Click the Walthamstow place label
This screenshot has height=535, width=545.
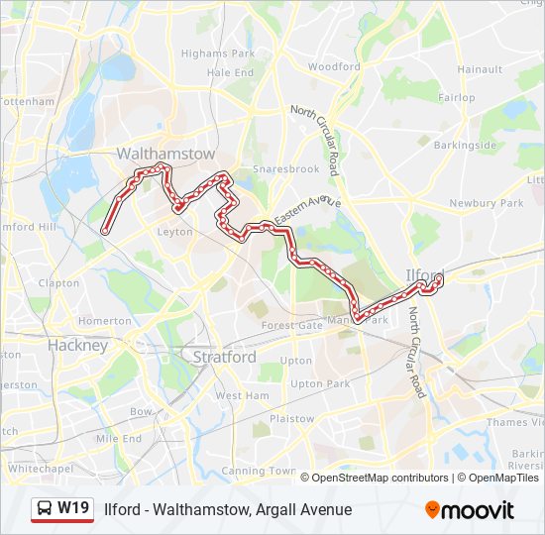[165, 155]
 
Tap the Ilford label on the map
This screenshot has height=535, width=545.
[424, 273]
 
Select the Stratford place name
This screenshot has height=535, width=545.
[224, 357]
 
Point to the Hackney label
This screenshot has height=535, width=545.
[77, 346]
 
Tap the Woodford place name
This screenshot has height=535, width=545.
[334, 67]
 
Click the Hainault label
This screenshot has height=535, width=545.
[482, 69]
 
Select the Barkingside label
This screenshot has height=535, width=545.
[471, 145]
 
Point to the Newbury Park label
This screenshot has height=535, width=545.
[486, 203]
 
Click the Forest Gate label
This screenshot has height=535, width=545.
[292, 325]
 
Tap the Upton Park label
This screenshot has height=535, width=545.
[320, 383]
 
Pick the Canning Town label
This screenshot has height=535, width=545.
[258, 471]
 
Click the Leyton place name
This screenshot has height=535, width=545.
[174, 232]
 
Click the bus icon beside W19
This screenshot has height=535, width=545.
[45, 509]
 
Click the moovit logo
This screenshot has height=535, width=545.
[470, 510]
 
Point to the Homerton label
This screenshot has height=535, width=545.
[104, 321]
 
